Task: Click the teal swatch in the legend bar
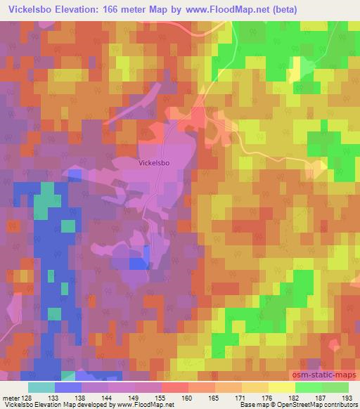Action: click(41, 387)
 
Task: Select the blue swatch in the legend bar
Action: click(68, 387)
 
